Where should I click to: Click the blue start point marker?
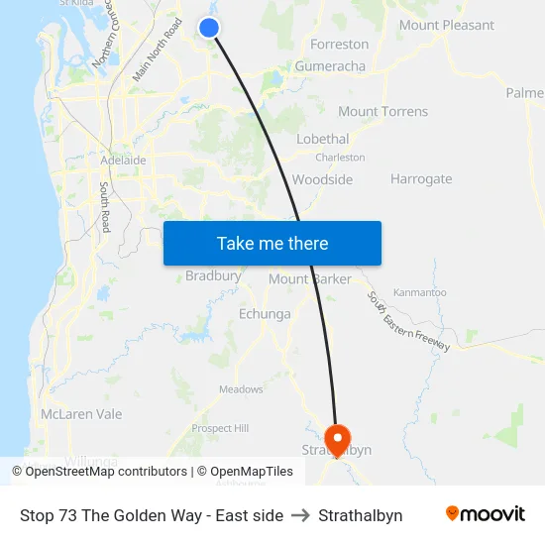pos(209,28)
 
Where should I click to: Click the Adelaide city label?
pos(123,160)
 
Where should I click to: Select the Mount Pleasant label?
pos(446,25)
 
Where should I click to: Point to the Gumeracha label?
pos(329,66)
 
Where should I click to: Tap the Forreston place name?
pos(339,45)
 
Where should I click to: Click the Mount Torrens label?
pos(383,112)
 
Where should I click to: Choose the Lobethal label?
pos(322,139)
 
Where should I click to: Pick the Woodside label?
pos(322,179)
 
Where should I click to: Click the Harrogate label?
pos(421,179)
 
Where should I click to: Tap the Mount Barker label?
pos(310,279)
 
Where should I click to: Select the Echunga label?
pos(265,314)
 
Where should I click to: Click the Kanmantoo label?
pos(419,292)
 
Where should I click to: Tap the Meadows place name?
pos(241,389)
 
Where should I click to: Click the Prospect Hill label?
pos(220,428)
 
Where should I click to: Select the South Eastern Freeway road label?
pos(408,321)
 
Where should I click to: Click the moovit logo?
pos(485,513)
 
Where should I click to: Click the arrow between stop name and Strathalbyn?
pos(300,515)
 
